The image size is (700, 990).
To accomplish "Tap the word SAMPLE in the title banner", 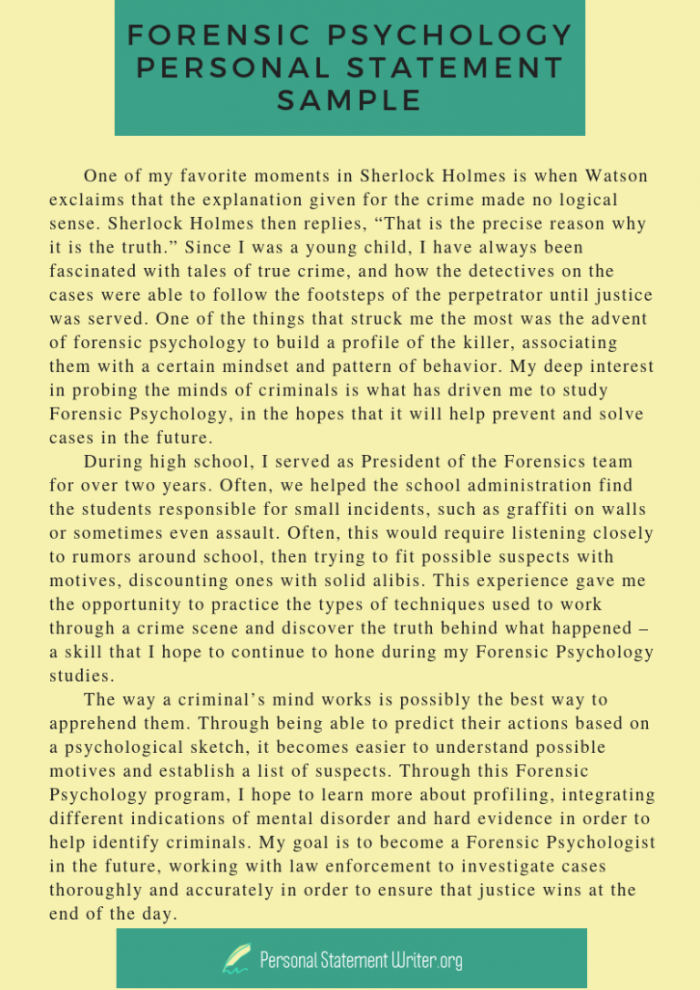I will (349, 100).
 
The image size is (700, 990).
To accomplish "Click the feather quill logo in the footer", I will (237, 957).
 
